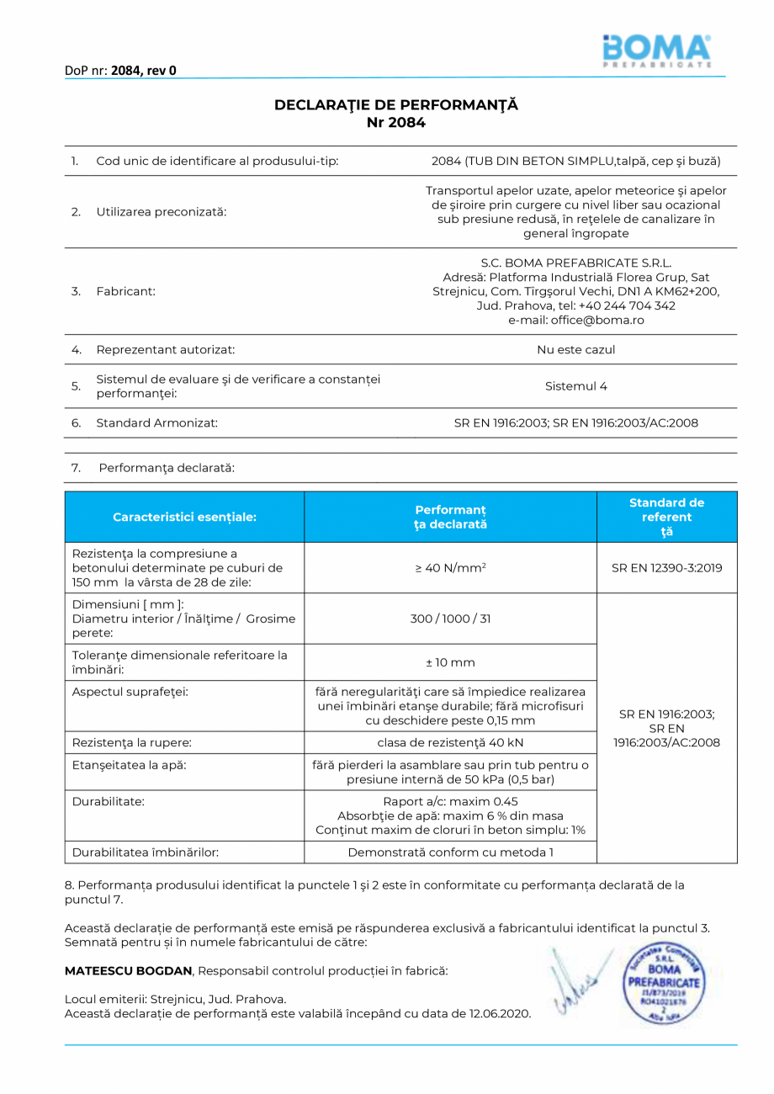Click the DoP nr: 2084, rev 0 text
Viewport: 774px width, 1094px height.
point(120,71)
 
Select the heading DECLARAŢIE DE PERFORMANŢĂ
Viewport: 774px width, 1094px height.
point(395,105)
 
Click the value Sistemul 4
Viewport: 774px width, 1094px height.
point(575,386)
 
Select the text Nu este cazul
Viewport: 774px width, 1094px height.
point(575,349)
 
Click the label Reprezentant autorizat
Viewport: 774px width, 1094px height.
point(165,349)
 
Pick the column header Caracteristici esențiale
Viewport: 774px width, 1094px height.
point(184,517)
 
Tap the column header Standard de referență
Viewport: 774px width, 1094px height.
point(666,517)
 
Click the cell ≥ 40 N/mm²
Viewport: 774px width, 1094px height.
point(450,568)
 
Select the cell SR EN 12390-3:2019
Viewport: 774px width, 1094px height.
point(666,568)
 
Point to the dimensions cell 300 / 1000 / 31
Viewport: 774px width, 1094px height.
point(450,619)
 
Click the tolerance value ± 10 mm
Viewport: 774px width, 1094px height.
point(450,662)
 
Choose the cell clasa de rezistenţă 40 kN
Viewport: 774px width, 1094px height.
point(450,742)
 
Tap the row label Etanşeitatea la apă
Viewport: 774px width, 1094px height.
point(129,765)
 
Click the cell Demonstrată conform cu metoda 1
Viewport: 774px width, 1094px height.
point(450,852)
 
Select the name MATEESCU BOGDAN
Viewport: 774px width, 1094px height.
point(129,970)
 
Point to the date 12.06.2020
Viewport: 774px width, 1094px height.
point(500,1013)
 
